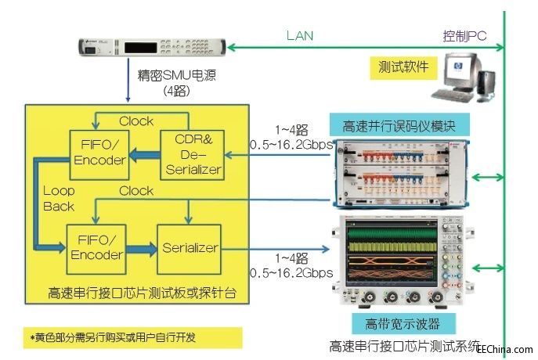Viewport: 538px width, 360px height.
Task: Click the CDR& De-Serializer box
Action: pyautogui.click(x=192, y=154)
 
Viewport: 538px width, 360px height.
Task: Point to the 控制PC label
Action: pyautogui.click(x=464, y=36)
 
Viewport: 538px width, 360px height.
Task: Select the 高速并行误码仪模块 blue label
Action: pyautogui.click(x=406, y=124)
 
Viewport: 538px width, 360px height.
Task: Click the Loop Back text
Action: pyautogui.click(x=59, y=199)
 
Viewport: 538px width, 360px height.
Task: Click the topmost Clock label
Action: pyautogui.click(x=136, y=121)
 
